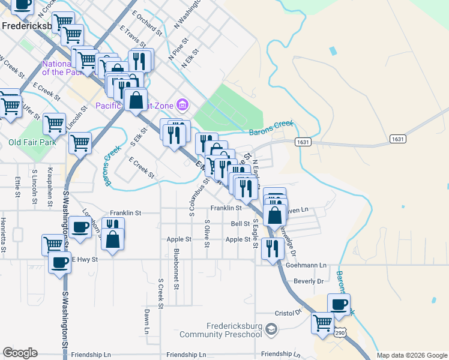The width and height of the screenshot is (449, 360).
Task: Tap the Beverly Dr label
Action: point(309,281)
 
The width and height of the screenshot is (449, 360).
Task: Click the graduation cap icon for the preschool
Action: point(272,329)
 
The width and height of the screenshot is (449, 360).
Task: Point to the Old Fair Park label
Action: point(32,143)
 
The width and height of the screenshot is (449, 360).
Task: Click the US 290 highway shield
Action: point(340,332)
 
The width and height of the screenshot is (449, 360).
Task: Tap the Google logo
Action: point(20,353)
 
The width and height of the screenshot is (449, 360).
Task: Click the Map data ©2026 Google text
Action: point(412,355)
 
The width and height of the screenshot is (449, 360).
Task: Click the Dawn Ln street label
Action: point(146,321)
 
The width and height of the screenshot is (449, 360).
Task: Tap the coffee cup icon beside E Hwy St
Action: point(59,262)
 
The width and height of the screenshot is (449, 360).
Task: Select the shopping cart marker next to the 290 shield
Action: point(322,322)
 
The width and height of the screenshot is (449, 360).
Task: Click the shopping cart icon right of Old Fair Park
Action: point(80,143)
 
